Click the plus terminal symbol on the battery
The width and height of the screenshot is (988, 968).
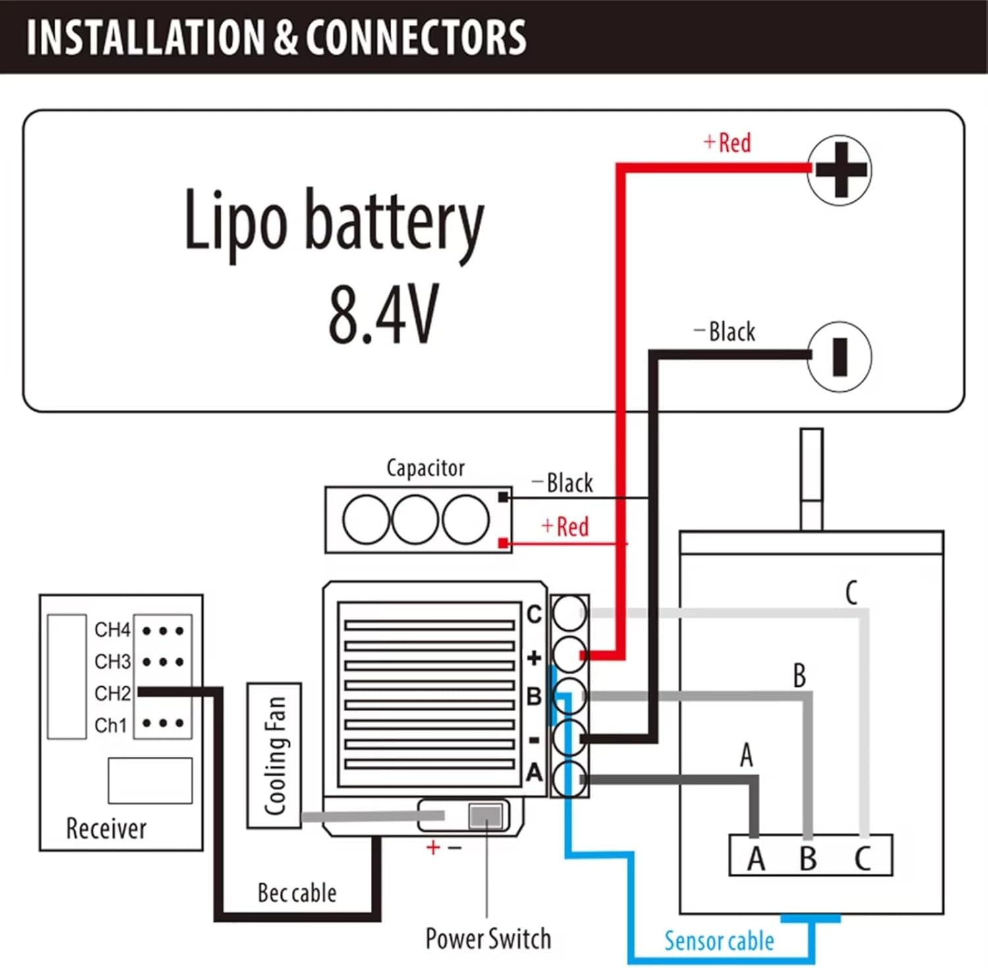point(840,169)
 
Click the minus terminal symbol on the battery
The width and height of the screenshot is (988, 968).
point(840,356)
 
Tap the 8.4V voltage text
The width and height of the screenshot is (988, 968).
point(383,315)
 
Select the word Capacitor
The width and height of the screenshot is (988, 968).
point(425,468)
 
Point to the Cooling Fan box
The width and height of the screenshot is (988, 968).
point(274,755)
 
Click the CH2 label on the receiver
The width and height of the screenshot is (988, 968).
point(113,693)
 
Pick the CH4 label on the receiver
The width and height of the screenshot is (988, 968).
point(113,630)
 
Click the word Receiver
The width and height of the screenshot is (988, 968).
point(106,828)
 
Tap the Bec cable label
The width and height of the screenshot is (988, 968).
point(297,893)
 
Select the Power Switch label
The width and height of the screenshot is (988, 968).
point(488,938)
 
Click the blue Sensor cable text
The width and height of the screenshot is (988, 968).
point(719,941)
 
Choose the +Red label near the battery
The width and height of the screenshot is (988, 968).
point(728,142)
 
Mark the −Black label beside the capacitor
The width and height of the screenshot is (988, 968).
point(563,483)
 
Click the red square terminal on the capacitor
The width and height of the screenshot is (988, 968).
point(503,543)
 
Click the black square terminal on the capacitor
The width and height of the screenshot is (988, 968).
point(503,497)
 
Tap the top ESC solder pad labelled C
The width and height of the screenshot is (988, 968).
point(569,614)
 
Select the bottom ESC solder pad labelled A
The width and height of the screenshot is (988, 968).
point(569,780)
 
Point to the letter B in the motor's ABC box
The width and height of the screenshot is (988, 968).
point(808,858)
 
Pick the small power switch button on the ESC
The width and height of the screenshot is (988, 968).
point(485,817)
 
